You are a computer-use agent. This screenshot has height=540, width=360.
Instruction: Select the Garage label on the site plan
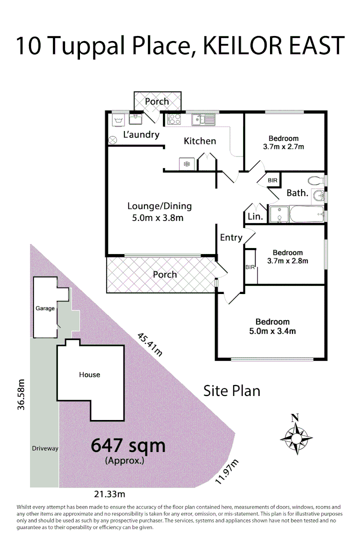tap(45, 308)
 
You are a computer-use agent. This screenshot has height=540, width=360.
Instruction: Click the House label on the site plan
tap(89, 374)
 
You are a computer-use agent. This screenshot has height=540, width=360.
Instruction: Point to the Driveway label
tap(44, 448)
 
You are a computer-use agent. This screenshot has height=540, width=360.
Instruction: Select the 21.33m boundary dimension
tap(108, 494)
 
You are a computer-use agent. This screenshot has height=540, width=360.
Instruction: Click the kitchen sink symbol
tap(203, 120)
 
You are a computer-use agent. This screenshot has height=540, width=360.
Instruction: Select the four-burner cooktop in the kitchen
tap(174, 119)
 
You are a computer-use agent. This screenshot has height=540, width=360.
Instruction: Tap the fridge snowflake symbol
tap(186, 163)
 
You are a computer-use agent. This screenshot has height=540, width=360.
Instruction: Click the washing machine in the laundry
tap(118, 119)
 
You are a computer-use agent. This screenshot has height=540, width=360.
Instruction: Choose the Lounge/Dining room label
tap(159, 205)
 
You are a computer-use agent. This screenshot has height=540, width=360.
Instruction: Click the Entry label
tap(231, 237)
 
